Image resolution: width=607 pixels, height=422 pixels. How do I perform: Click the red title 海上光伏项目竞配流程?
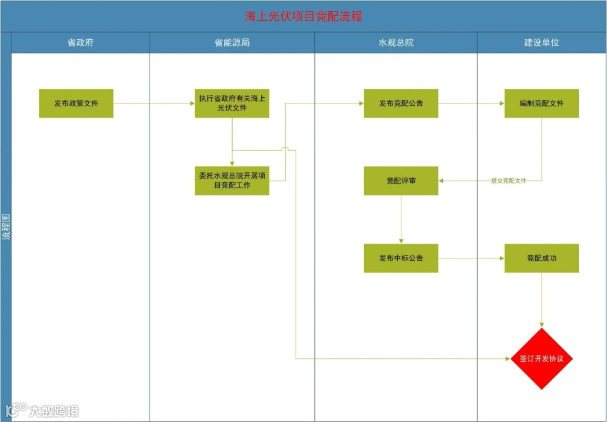(303, 16)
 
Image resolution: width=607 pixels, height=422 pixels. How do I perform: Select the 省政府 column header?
(80, 43)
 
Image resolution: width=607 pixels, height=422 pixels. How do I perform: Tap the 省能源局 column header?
(232, 43)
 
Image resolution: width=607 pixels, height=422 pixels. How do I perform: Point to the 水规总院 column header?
(396, 43)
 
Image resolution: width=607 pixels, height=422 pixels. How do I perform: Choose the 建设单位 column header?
(541, 43)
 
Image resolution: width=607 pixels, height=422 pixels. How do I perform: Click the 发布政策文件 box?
(76, 103)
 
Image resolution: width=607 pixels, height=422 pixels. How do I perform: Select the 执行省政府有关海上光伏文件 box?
(232, 103)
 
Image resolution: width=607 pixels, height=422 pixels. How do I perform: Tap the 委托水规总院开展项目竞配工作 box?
(232, 180)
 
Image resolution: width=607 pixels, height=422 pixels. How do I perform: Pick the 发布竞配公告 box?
(401, 103)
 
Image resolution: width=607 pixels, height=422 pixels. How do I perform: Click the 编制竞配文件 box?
(541, 103)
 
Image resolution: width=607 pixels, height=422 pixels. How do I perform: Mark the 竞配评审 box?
(401, 181)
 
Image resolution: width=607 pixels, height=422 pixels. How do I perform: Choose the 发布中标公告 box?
(401, 258)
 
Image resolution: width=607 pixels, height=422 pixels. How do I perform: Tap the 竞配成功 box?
(541, 258)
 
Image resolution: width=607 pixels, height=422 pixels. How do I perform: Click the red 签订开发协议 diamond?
(541, 359)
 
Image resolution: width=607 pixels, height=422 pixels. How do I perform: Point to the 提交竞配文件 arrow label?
(508, 181)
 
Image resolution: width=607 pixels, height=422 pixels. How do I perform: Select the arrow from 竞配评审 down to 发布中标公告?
(401, 220)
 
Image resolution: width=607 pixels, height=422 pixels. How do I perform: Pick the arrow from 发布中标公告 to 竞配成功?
(471, 258)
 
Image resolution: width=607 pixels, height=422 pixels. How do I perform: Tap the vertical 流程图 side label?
(6, 227)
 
